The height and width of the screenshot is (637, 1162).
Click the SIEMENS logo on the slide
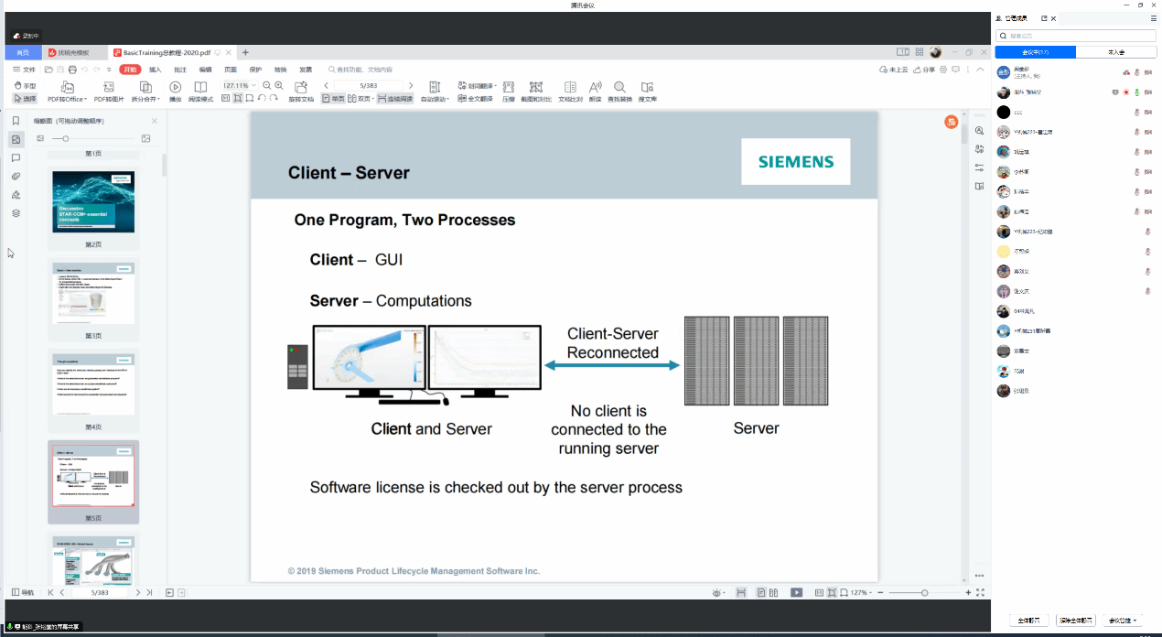click(795, 162)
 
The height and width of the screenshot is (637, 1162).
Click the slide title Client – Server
click(349, 173)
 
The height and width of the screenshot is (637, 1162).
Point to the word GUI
click(389, 260)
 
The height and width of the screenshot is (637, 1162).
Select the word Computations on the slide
click(424, 301)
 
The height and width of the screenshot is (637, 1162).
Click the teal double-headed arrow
click(612, 365)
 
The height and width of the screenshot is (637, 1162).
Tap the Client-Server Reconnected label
click(612, 343)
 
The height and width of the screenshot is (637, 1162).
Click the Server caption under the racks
click(756, 428)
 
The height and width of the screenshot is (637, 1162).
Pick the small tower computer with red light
click(297, 366)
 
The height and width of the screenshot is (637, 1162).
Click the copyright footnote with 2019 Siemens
click(414, 571)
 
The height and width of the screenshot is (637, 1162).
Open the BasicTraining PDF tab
click(166, 53)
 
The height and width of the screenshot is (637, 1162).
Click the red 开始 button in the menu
click(130, 70)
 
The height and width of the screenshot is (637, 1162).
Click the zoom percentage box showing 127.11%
click(236, 85)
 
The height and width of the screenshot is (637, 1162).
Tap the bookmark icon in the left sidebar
click(16, 121)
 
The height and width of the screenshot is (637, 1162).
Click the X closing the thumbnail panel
click(154, 121)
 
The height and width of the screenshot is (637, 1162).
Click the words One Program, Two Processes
click(404, 221)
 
